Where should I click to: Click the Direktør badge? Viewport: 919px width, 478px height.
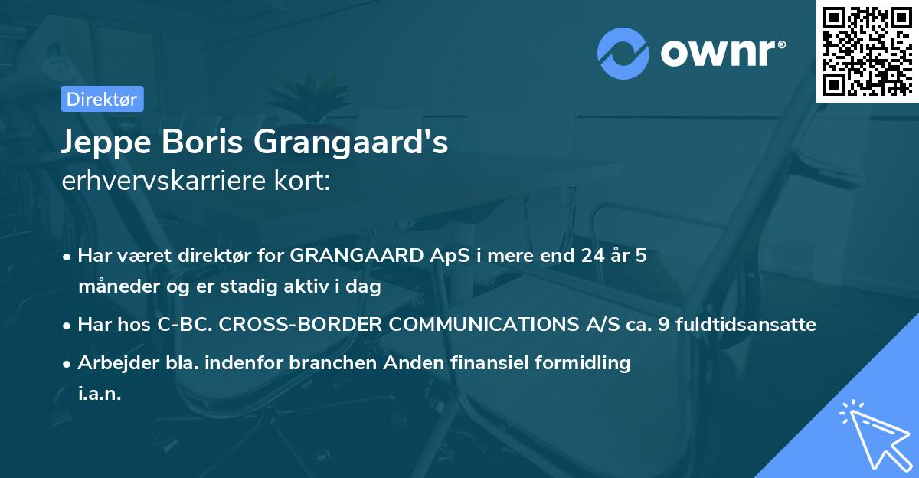coord(102,99)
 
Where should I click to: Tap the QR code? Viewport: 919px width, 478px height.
coord(867,51)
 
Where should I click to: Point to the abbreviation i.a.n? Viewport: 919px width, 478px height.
coord(100,394)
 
